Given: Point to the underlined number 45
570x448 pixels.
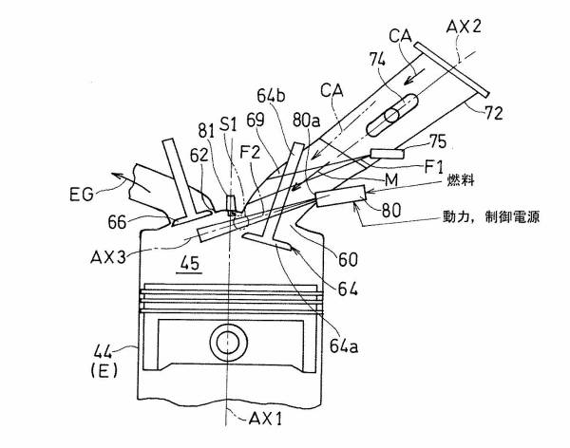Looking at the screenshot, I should click(191, 268).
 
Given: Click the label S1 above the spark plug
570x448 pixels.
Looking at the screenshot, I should click(228, 123).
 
